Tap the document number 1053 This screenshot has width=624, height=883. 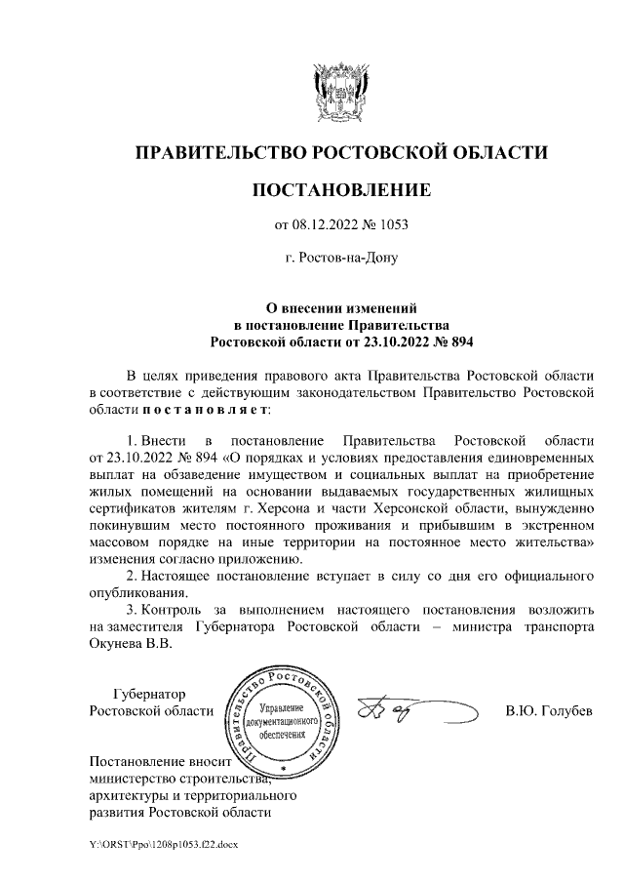(393, 225)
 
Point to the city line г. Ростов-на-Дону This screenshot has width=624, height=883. (340, 259)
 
